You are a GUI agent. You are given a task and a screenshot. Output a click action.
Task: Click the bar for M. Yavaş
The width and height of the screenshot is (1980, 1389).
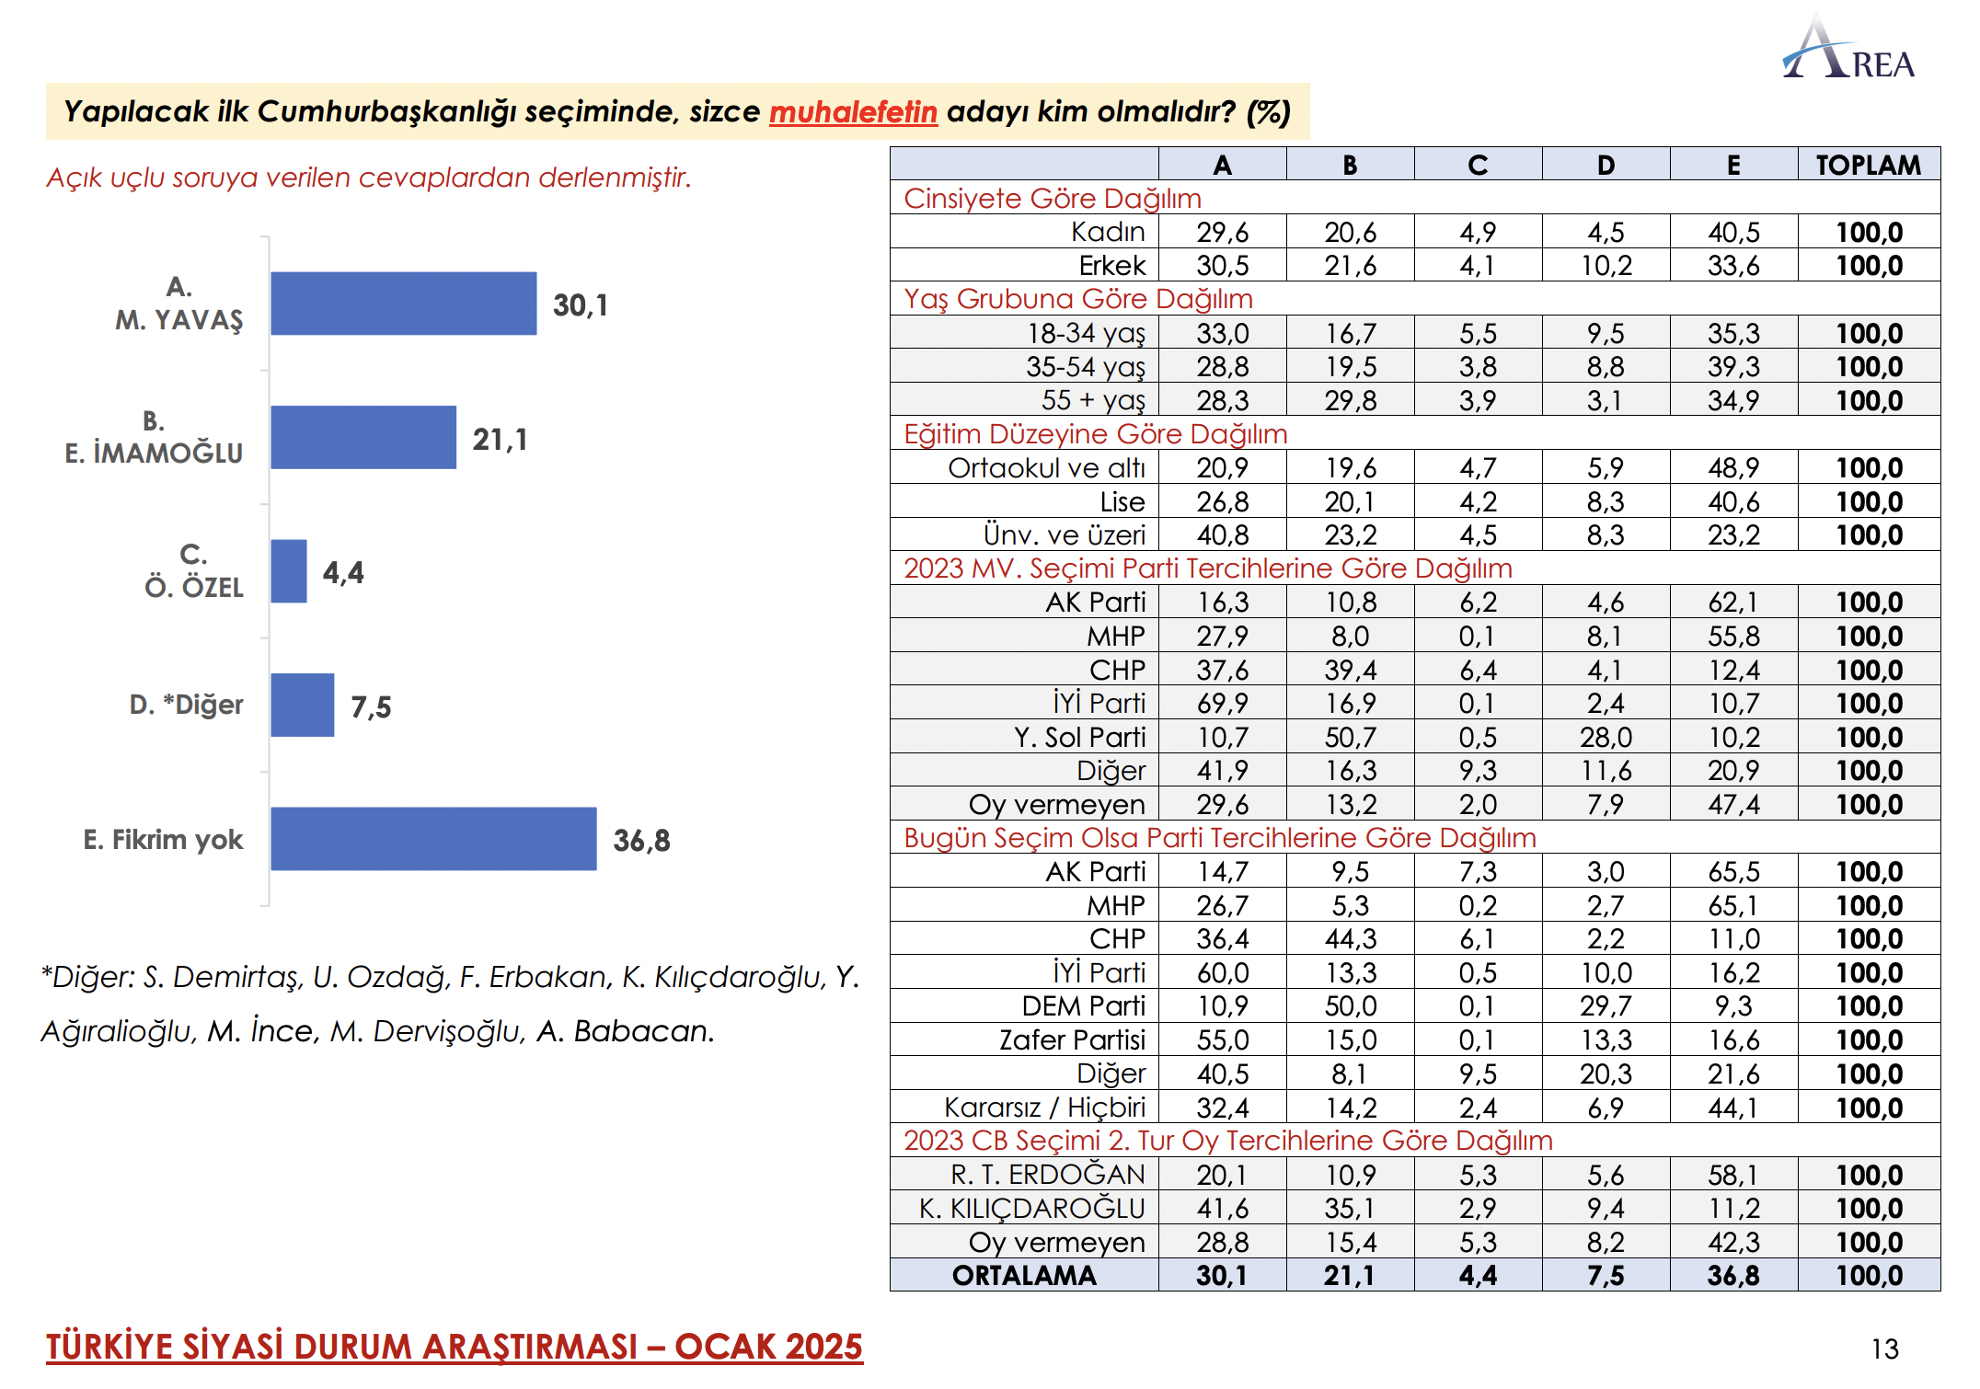[x=403, y=304]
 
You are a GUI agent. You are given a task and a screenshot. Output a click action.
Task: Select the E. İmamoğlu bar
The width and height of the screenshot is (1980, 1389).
[x=363, y=437]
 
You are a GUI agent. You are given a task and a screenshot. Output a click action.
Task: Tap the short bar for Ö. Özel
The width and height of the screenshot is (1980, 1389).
[x=289, y=571]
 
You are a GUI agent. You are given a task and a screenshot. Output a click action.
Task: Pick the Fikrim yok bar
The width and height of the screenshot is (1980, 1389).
[x=433, y=839]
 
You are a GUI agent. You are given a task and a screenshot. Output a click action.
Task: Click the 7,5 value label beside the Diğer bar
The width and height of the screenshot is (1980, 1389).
[x=371, y=706]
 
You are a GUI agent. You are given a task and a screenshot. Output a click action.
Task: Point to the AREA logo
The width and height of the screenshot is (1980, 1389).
[x=1848, y=48]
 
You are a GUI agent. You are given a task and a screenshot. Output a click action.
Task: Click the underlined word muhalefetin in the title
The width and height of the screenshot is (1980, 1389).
[x=853, y=111]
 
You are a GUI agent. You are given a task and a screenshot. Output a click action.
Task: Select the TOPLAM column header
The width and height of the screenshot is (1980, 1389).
[x=1868, y=165]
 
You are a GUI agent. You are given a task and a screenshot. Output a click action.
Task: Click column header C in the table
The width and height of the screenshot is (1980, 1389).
[x=1478, y=165]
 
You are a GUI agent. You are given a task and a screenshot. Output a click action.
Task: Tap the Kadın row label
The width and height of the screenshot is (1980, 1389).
[x=1108, y=232]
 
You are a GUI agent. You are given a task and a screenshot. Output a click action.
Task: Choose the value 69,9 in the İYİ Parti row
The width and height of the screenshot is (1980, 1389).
[x=1222, y=704]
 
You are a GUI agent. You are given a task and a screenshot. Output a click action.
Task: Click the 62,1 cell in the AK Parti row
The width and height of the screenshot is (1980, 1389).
[x=1732, y=603]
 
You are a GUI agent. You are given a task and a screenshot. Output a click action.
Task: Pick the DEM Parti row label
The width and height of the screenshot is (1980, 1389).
[x=1084, y=1006]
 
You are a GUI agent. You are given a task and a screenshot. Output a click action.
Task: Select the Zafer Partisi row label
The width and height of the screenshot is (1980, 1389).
[x=1072, y=1040]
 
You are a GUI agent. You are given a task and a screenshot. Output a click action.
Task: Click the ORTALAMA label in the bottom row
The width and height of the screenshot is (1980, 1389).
[x=1024, y=1276]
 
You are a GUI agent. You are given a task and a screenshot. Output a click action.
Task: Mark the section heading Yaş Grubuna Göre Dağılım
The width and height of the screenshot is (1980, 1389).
[x=1078, y=299]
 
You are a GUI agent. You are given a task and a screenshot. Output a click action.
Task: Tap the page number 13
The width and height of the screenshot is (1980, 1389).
[x=1884, y=1349]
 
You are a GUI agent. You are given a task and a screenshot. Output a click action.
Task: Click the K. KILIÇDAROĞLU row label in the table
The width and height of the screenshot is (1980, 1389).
[x=1031, y=1208]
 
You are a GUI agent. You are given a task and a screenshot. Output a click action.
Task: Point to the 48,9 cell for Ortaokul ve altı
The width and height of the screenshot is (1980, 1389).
[x=1732, y=468]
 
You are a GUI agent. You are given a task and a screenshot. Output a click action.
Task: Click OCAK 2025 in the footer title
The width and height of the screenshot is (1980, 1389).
[x=768, y=1347]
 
